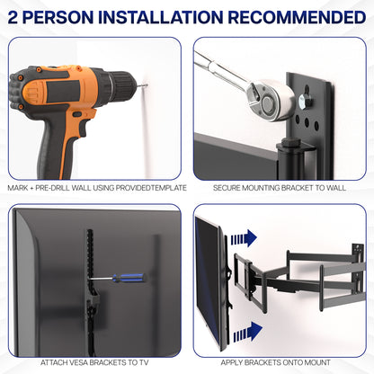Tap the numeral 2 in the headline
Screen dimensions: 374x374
[x=14, y=18]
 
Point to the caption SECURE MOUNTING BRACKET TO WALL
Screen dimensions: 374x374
[x=280, y=188]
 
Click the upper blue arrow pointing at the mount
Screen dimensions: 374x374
[x=242, y=238]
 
